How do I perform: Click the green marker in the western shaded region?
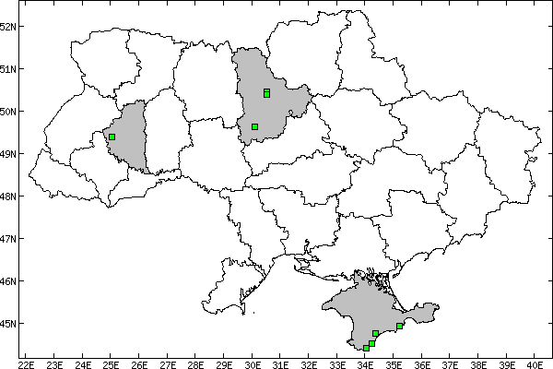[112, 137]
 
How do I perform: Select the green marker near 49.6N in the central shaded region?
[254, 126]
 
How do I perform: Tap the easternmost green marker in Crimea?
[399, 326]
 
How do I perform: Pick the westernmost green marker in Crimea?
[366, 348]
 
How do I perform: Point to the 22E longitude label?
[26, 362]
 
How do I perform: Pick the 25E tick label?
[111, 362]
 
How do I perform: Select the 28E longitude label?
[195, 362]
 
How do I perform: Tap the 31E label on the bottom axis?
[280, 362]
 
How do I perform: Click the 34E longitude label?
[365, 362]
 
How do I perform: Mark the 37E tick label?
[450, 362]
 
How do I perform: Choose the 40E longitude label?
[535, 362]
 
